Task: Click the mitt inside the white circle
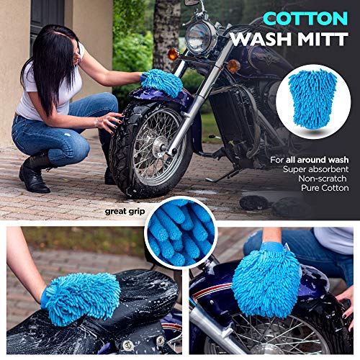(x=312, y=99)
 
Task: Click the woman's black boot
(x=34, y=175)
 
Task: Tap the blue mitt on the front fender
(x=161, y=83)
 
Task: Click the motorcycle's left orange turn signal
(x=174, y=54)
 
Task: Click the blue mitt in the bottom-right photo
(x=266, y=282)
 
